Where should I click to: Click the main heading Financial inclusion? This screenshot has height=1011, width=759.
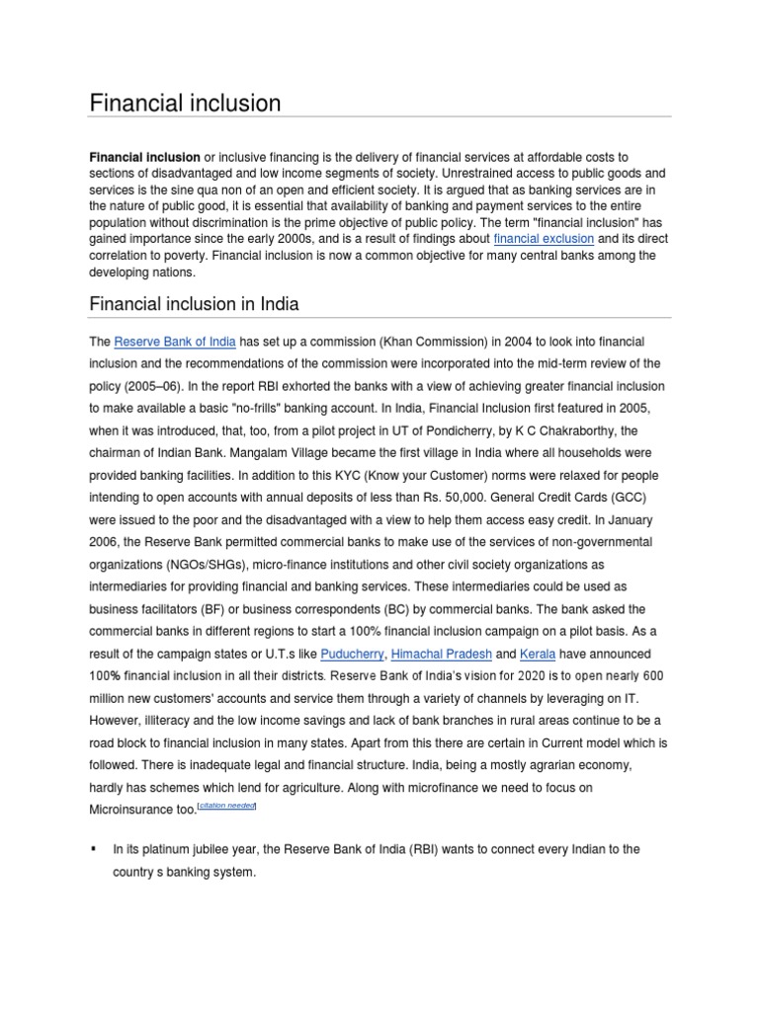pyautogui.click(x=186, y=103)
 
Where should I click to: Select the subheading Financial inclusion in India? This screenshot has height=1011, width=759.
pyautogui.click(x=194, y=303)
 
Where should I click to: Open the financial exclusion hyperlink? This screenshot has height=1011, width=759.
pyautogui.click(x=544, y=239)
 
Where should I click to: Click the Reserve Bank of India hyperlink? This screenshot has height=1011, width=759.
pyautogui.click(x=175, y=343)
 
